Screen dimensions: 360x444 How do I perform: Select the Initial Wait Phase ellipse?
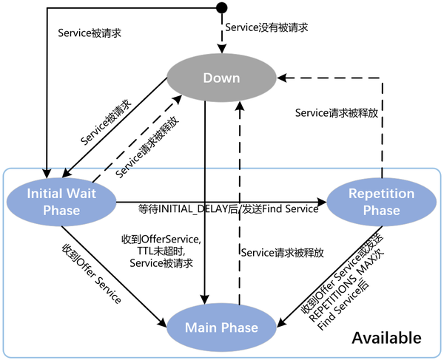tap(61, 200)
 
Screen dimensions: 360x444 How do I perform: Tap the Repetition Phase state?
tap(382, 201)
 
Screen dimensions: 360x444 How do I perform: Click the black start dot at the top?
tap(220, 8)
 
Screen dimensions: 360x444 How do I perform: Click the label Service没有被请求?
tap(266, 27)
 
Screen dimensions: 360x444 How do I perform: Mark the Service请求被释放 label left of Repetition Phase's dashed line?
tap(337, 113)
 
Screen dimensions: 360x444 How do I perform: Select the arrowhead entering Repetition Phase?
tap(323, 201)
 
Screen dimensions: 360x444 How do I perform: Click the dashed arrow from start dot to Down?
tap(220, 33)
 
